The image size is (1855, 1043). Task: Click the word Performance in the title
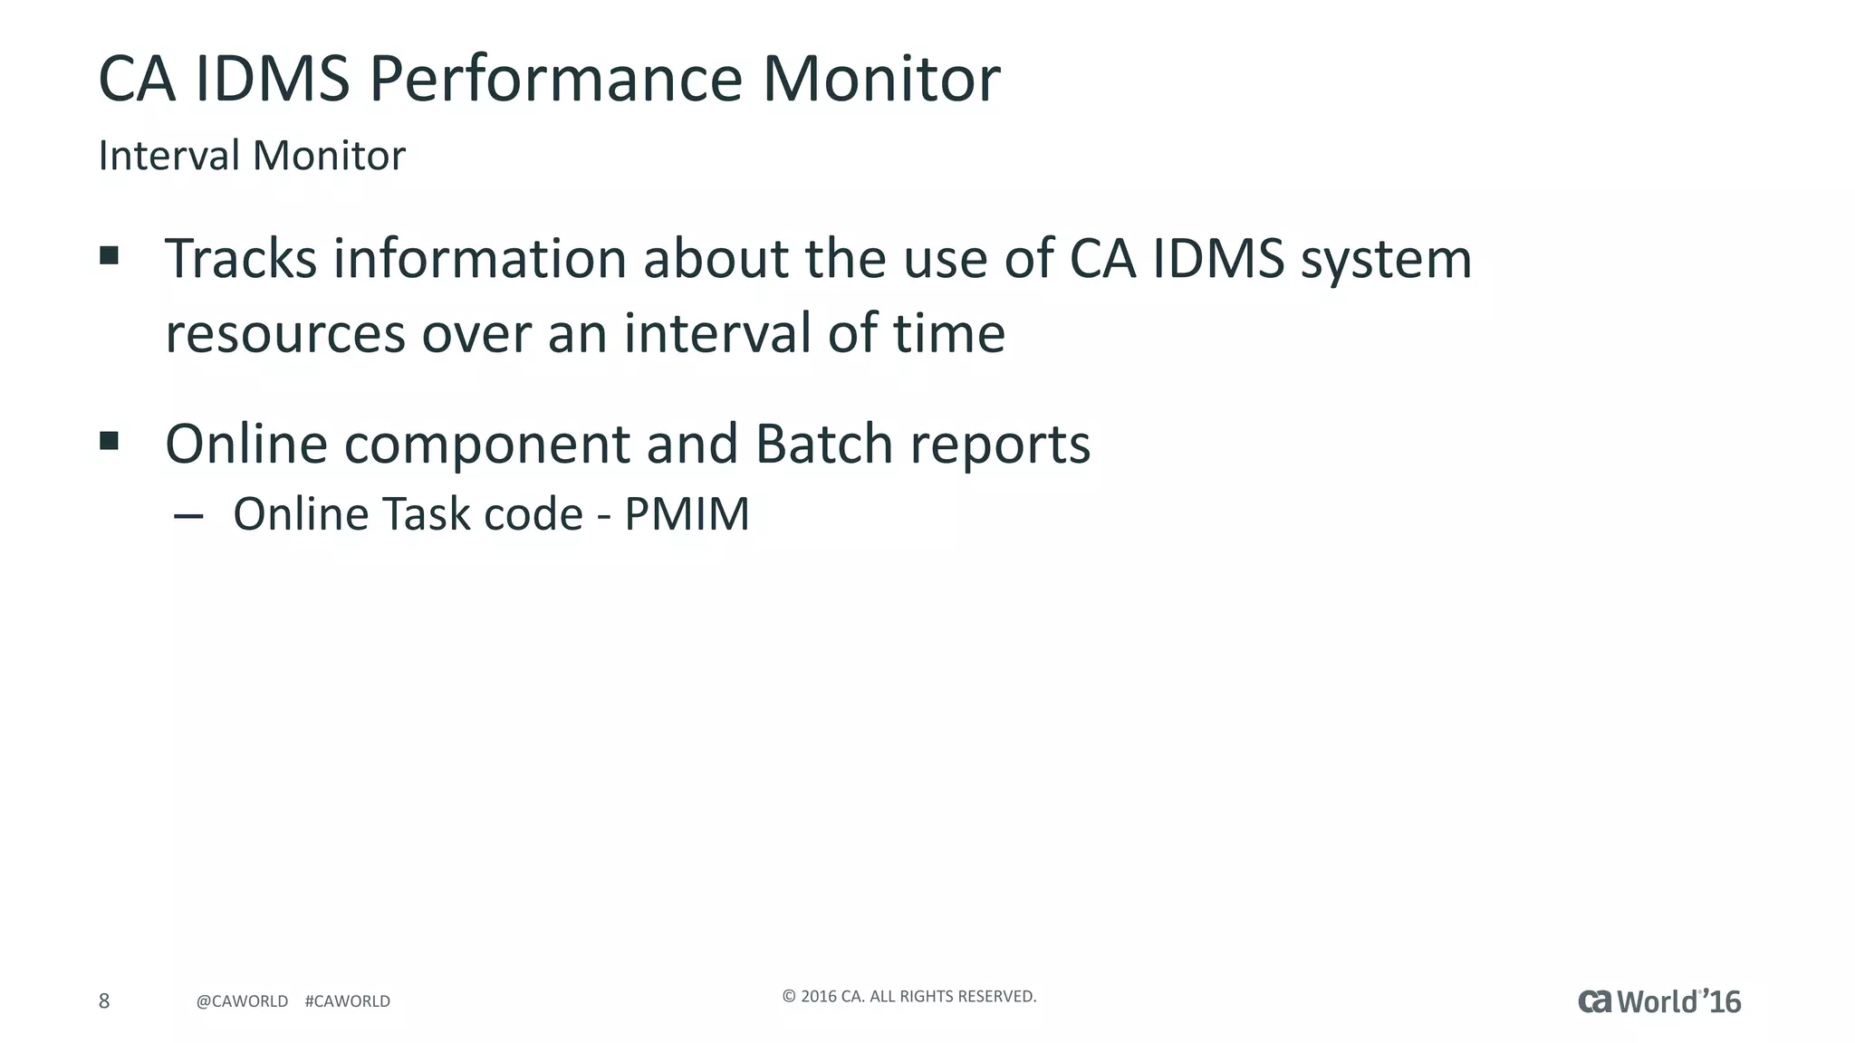point(555,80)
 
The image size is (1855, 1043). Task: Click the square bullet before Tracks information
point(110,255)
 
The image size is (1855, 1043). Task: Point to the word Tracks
point(240,259)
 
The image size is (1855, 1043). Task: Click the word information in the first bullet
point(480,259)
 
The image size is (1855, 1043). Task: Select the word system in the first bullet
point(1386,261)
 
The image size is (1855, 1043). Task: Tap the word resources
point(284,335)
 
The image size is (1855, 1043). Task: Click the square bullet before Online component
point(110,441)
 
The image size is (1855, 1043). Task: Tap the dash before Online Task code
point(188,516)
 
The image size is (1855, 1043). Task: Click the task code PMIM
point(687,514)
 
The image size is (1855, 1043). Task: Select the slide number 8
point(104,1000)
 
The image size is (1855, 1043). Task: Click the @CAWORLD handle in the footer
point(242,1001)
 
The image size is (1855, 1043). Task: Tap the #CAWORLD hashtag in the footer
point(348,1001)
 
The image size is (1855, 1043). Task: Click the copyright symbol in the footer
point(789,997)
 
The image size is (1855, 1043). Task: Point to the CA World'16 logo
point(1659,1001)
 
